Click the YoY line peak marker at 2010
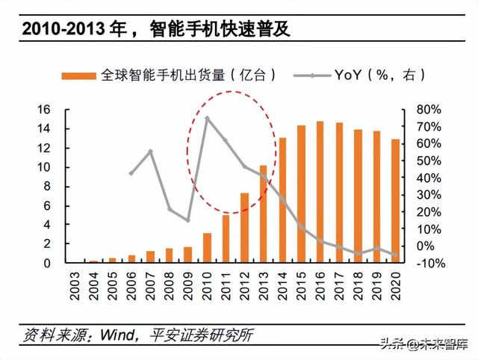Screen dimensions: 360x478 pos(207,118)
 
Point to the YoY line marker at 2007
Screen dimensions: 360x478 pos(150,152)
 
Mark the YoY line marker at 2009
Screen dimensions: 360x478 pos(187,220)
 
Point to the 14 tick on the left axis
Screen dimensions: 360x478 pos(43,128)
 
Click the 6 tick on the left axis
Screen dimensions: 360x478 pos(46,205)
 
